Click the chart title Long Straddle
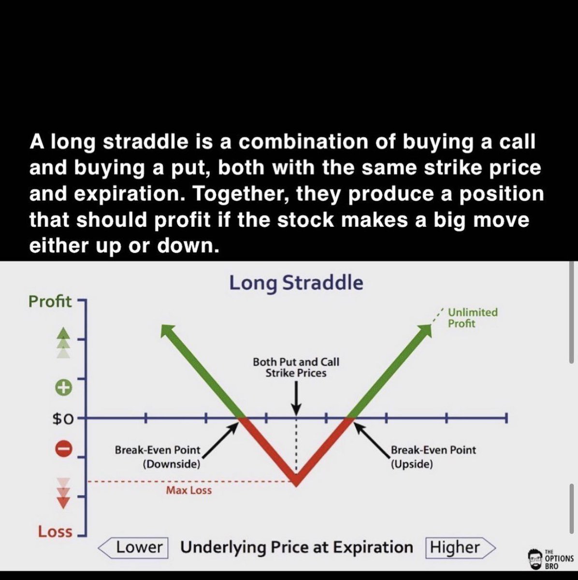click(x=296, y=283)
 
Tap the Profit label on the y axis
click(x=50, y=302)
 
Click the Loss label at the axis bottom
click(x=55, y=532)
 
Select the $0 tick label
click(x=63, y=419)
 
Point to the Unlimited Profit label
click(x=472, y=318)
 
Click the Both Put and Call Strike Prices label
click(x=296, y=367)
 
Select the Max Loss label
click(x=189, y=491)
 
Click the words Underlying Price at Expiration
click(x=296, y=548)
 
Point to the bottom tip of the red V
click(x=296, y=483)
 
